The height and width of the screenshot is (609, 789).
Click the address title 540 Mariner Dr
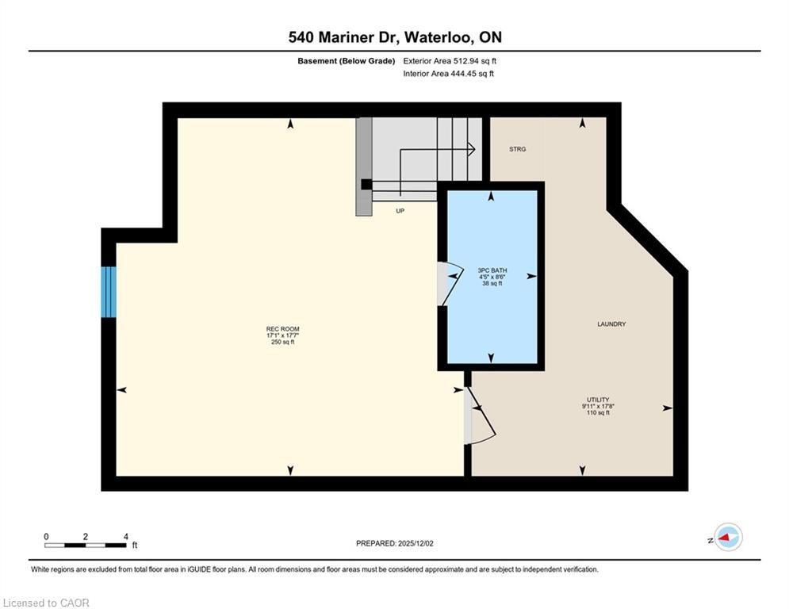click(x=394, y=37)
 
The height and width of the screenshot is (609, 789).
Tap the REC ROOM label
click(x=282, y=328)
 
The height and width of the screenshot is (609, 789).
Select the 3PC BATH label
click(x=492, y=270)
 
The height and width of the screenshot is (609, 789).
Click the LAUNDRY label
click(x=611, y=324)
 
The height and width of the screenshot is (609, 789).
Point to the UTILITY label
click(x=597, y=400)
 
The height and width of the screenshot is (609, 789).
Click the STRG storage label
click(x=517, y=149)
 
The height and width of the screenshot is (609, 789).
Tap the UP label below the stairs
click(x=400, y=211)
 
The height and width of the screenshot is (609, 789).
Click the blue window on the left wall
click(x=109, y=292)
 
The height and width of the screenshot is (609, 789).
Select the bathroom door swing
click(x=449, y=283)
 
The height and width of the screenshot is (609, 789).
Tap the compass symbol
click(x=727, y=537)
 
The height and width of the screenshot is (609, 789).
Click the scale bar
click(x=86, y=545)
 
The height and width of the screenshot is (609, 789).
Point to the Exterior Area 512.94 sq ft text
click(x=450, y=60)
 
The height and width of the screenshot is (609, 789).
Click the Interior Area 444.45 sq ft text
click(x=448, y=74)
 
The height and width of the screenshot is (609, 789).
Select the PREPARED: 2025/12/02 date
click(x=406, y=543)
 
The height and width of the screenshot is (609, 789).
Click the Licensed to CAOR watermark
click(x=47, y=603)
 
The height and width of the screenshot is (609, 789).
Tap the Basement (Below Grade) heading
click(x=346, y=60)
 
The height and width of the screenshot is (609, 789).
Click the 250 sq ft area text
click(x=282, y=343)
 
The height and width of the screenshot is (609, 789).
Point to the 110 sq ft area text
click(x=597, y=413)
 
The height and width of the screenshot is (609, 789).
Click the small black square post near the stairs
click(x=366, y=185)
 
